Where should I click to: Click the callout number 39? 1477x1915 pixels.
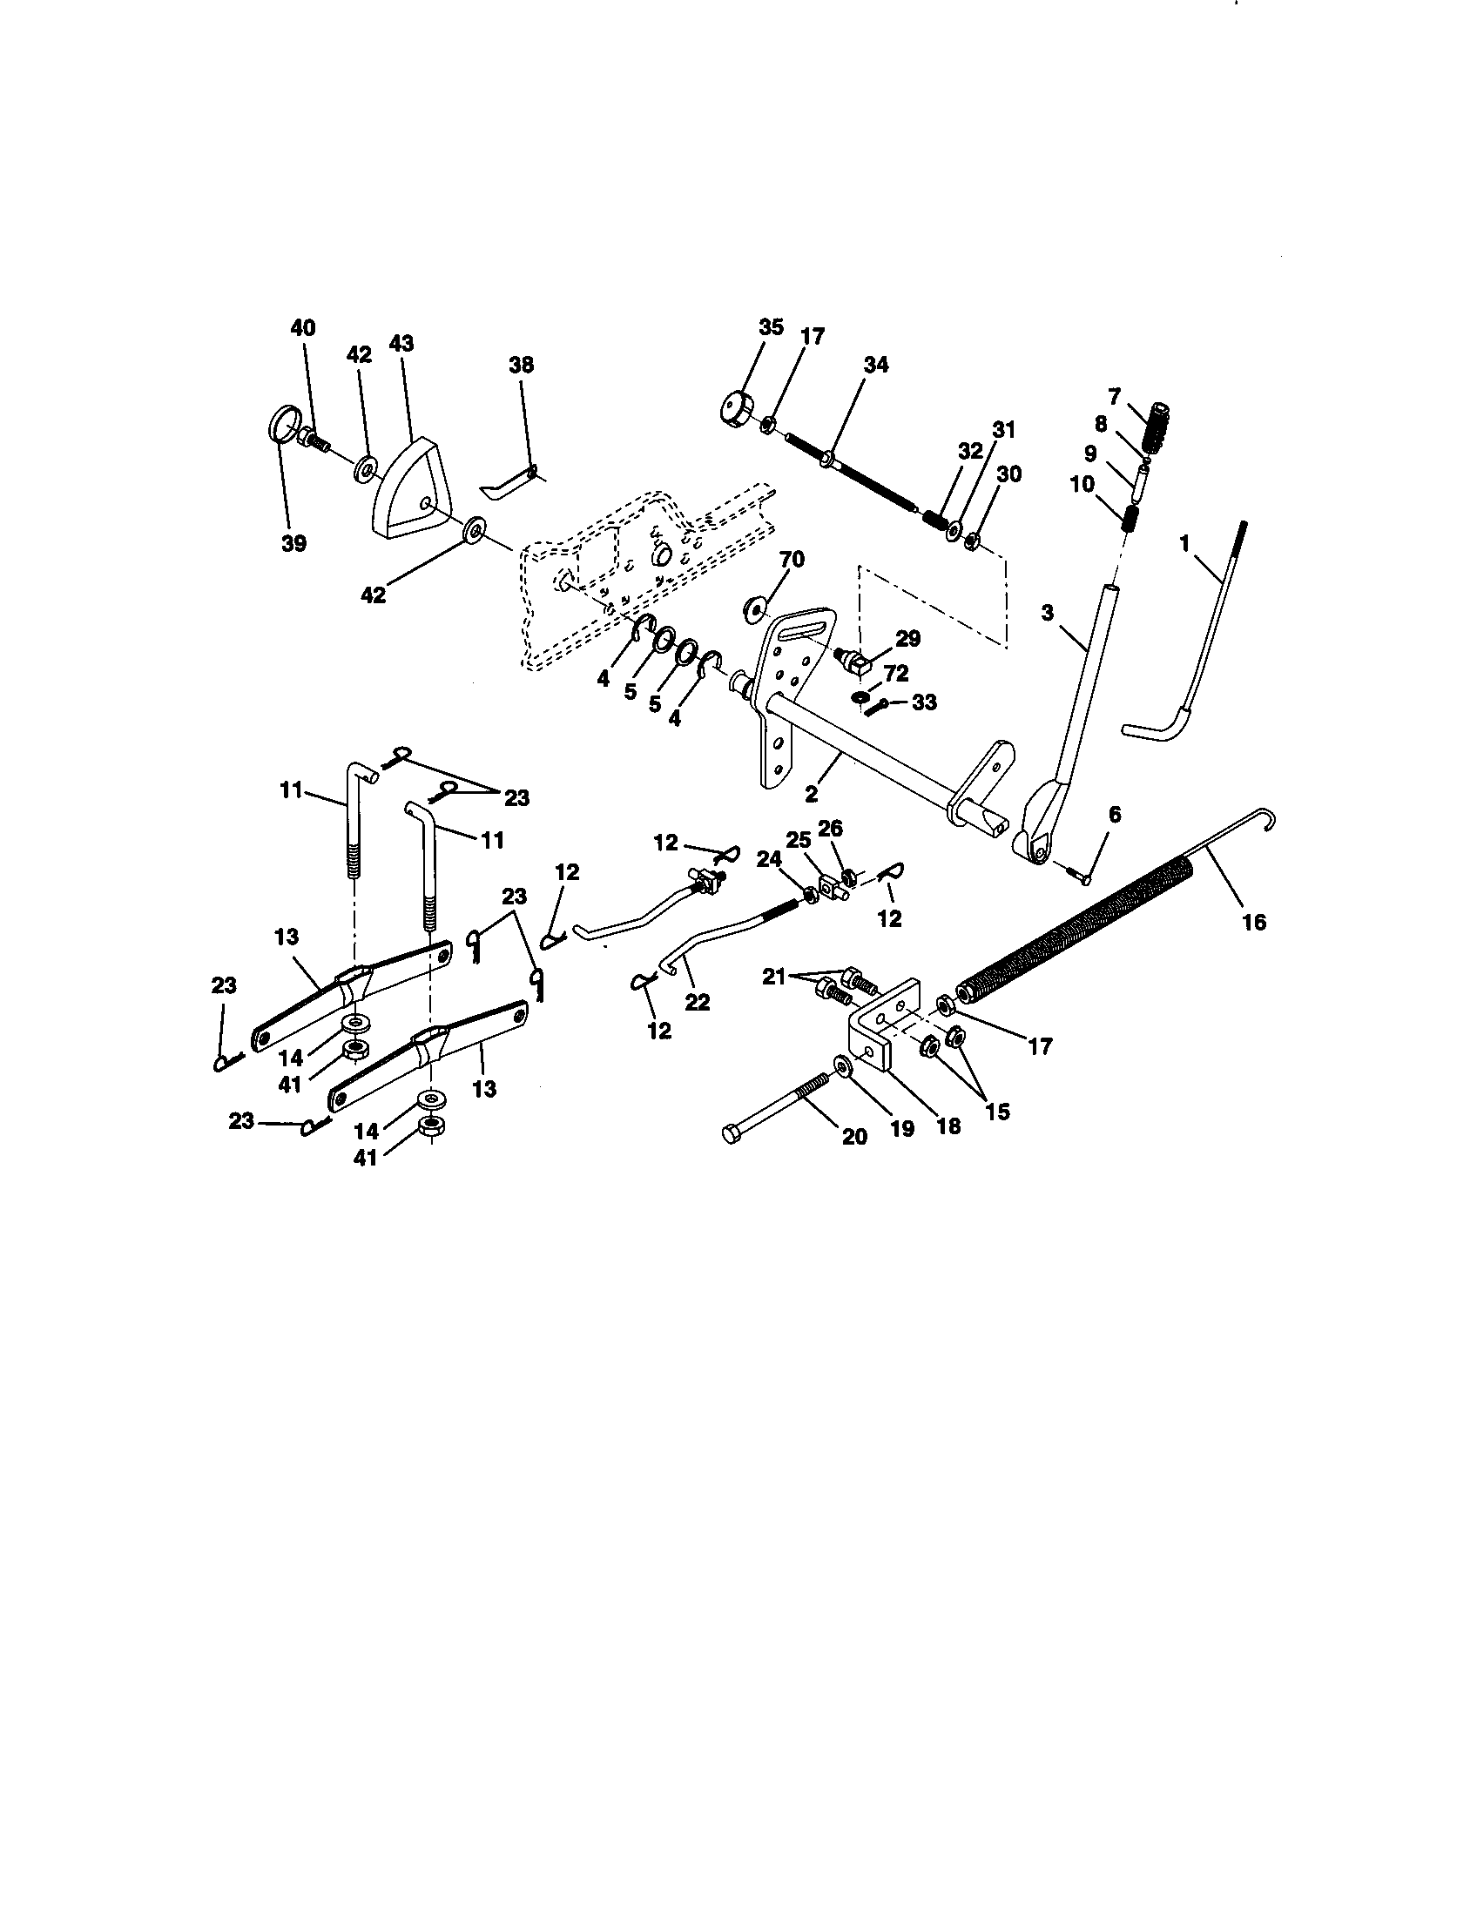tap(293, 544)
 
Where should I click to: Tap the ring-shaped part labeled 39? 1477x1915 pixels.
tap(280, 426)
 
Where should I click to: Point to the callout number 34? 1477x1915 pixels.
tap(875, 364)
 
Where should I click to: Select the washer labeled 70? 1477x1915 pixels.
tap(754, 608)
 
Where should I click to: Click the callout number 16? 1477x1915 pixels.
tap(1254, 922)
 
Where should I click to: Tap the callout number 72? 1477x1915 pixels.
tap(895, 674)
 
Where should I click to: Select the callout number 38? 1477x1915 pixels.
tap(521, 365)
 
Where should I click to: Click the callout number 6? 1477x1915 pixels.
tap(1114, 815)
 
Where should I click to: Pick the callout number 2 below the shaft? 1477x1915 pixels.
tap(811, 794)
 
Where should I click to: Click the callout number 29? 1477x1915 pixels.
tap(907, 638)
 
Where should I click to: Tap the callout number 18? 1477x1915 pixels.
tap(948, 1125)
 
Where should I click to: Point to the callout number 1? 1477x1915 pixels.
tap(1184, 544)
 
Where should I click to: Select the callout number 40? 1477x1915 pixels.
tap(302, 327)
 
